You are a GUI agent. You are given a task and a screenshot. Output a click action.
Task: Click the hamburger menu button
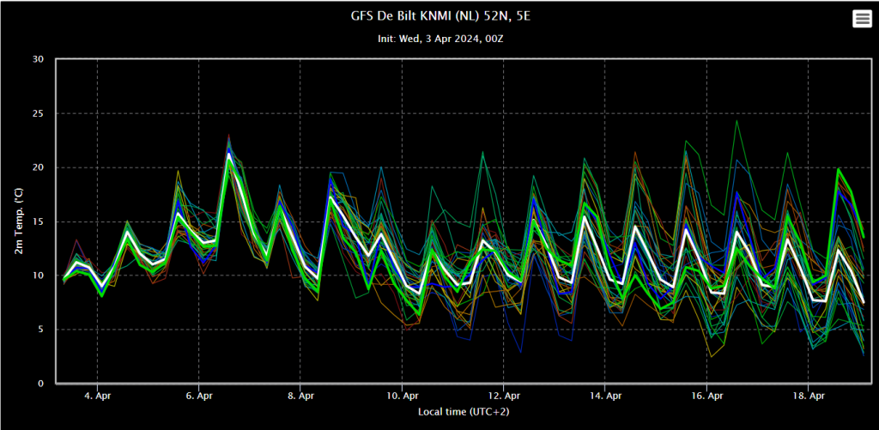click(861, 19)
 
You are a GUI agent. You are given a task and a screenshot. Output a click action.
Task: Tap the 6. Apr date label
click(198, 396)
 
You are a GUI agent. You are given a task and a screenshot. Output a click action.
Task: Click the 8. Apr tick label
click(300, 396)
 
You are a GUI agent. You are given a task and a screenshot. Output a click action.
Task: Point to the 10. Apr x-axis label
click(402, 396)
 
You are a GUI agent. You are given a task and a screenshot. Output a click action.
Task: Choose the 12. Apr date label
click(503, 396)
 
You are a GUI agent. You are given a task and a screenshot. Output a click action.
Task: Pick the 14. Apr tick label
click(605, 396)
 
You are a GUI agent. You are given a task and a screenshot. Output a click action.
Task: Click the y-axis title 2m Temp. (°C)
click(19, 221)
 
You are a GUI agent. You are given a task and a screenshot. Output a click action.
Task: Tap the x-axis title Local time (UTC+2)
click(464, 412)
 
